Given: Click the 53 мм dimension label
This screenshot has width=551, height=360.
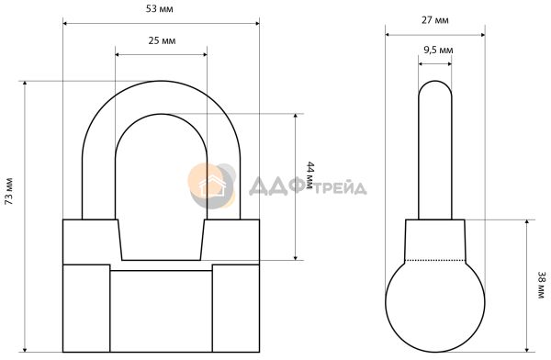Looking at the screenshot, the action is (x=160, y=9).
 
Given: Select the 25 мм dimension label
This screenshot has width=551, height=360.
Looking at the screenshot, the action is (x=162, y=40).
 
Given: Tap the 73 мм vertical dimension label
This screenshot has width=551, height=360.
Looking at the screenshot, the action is (x=9, y=192).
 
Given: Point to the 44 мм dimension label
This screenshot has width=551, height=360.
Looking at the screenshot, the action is (x=309, y=175).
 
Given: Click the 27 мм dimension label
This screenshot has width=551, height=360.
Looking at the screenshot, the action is (x=435, y=20).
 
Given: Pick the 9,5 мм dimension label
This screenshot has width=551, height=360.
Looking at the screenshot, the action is (x=438, y=51).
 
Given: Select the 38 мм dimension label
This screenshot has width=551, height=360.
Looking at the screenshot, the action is (x=541, y=285).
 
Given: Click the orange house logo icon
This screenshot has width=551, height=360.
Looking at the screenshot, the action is (x=212, y=186).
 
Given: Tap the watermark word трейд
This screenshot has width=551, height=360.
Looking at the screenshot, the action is (x=340, y=188).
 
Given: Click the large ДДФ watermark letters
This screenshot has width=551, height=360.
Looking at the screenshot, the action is (x=276, y=186).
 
